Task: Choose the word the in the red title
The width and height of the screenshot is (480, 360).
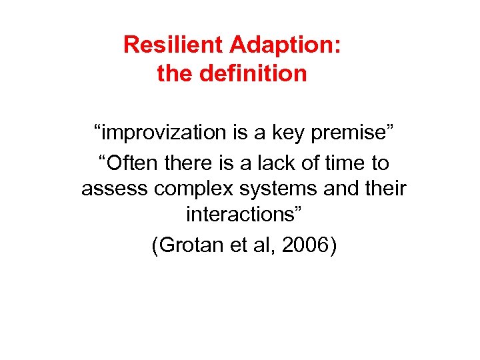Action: [x=173, y=73]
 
